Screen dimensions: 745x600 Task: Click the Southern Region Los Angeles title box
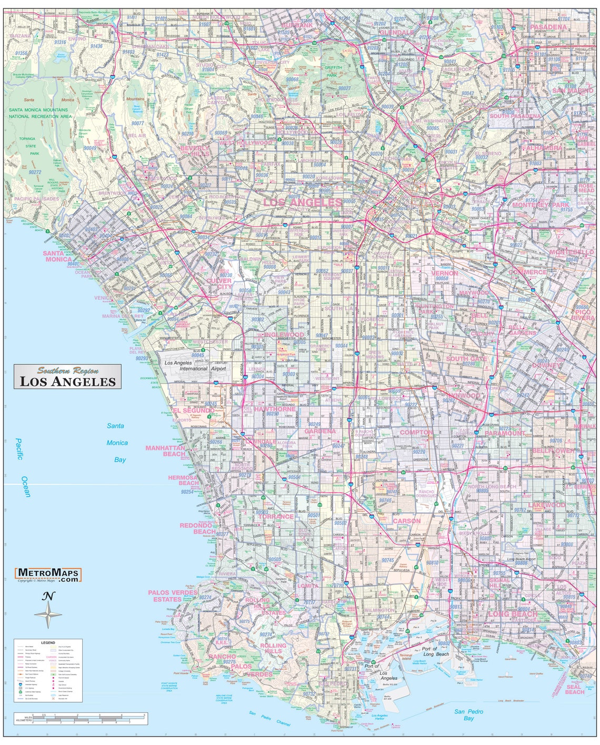(67, 376)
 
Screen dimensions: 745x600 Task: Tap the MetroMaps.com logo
(48, 574)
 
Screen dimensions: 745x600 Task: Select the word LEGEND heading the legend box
(48, 642)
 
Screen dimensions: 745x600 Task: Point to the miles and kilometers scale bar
(80, 718)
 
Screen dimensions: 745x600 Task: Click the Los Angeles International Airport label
(195, 366)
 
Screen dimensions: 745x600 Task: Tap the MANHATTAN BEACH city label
(166, 451)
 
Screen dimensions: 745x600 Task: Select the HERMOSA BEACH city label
(183, 480)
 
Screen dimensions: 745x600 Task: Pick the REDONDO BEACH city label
(196, 528)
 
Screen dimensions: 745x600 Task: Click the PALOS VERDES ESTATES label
(173, 596)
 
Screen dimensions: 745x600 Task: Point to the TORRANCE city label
(276, 517)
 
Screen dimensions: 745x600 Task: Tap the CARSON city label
(407, 521)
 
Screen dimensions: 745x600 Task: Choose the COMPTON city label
(416, 432)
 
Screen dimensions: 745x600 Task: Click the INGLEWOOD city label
(284, 335)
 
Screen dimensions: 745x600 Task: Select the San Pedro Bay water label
(469, 715)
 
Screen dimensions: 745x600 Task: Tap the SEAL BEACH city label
(574, 689)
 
